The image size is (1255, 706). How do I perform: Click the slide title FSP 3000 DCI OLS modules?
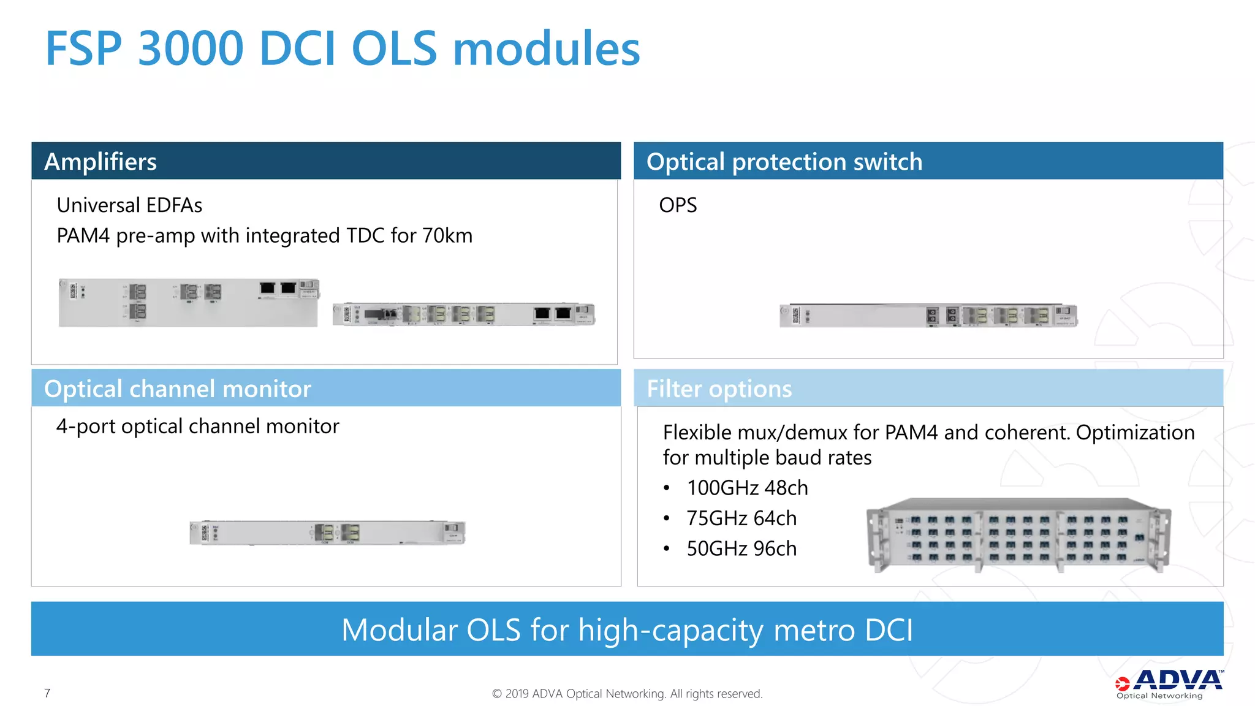point(343,48)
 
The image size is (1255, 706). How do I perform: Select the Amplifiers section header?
point(100,162)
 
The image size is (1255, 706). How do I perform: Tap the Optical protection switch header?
point(784,162)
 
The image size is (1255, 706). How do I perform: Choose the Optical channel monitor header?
point(178,389)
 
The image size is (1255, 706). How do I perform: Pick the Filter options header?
point(719,389)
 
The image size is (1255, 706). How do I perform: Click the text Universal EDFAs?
point(129,205)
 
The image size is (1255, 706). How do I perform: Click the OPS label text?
point(678,205)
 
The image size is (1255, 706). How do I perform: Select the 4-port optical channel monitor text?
point(197,427)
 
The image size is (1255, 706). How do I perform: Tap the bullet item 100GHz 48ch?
point(747,488)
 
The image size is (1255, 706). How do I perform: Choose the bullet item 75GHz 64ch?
point(741,518)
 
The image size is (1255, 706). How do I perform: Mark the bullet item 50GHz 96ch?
point(741,549)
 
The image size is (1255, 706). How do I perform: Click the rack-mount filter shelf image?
point(1018,535)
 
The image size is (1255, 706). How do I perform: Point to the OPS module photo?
point(928,316)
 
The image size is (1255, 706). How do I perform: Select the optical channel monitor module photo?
point(327,533)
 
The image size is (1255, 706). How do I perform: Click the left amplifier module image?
point(189,303)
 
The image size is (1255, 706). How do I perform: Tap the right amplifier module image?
point(464,314)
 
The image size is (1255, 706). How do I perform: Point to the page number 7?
point(47,693)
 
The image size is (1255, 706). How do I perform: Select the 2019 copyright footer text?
point(627,694)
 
